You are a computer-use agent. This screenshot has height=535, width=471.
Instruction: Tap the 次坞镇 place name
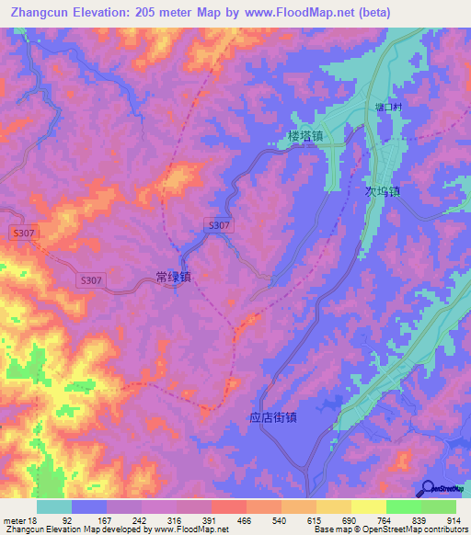pyautogui.click(x=378, y=192)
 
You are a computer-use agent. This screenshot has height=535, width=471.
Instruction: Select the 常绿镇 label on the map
pyautogui.click(x=173, y=275)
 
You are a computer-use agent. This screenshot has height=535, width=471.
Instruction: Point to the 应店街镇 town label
pyautogui.click(x=272, y=415)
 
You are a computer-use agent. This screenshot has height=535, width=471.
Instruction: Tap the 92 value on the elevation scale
pyautogui.click(x=66, y=520)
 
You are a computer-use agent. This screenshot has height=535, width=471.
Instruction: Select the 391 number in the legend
pyautogui.click(x=210, y=520)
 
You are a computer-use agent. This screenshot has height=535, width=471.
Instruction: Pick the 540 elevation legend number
pyautogui.click(x=280, y=520)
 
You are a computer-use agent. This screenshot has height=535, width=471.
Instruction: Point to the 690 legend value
pyautogui.click(x=350, y=520)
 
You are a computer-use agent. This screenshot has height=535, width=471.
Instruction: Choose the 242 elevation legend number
pyautogui.click(x=138, y=520)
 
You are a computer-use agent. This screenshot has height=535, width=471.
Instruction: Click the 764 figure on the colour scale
pyautogui.click(x=384, y=520)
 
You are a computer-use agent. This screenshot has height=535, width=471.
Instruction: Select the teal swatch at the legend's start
pyautogui.click(x=53, y=507)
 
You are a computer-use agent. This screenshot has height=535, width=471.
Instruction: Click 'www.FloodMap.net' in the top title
pyautogui.click(x=293, y=13)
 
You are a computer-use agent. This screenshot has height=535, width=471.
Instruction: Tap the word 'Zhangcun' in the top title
pyautogui.click(x=42, y=13)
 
